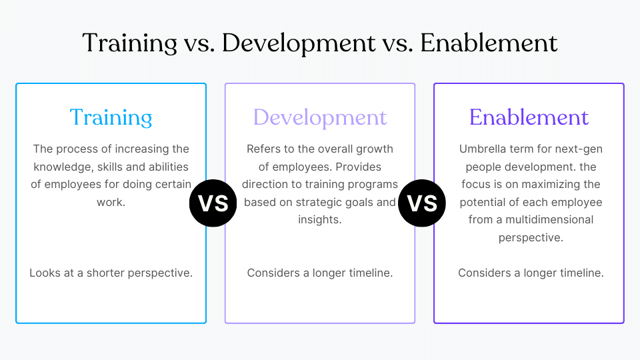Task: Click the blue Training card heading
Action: coord(111,117)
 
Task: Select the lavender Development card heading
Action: coord(320,117)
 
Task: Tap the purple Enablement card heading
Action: coord(529,117)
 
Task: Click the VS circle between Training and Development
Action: coord(213,203)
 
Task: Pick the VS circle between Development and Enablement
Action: coord(422,203)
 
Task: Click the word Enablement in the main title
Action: coord(489,43)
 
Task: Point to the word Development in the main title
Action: coord(299,43)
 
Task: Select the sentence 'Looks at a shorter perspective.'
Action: coord(111,273)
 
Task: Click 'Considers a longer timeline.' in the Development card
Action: coord(320,273)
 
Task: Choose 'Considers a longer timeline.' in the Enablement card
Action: coord(531,273)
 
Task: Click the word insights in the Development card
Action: coord(319,219)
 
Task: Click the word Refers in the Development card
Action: coord(264,149)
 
